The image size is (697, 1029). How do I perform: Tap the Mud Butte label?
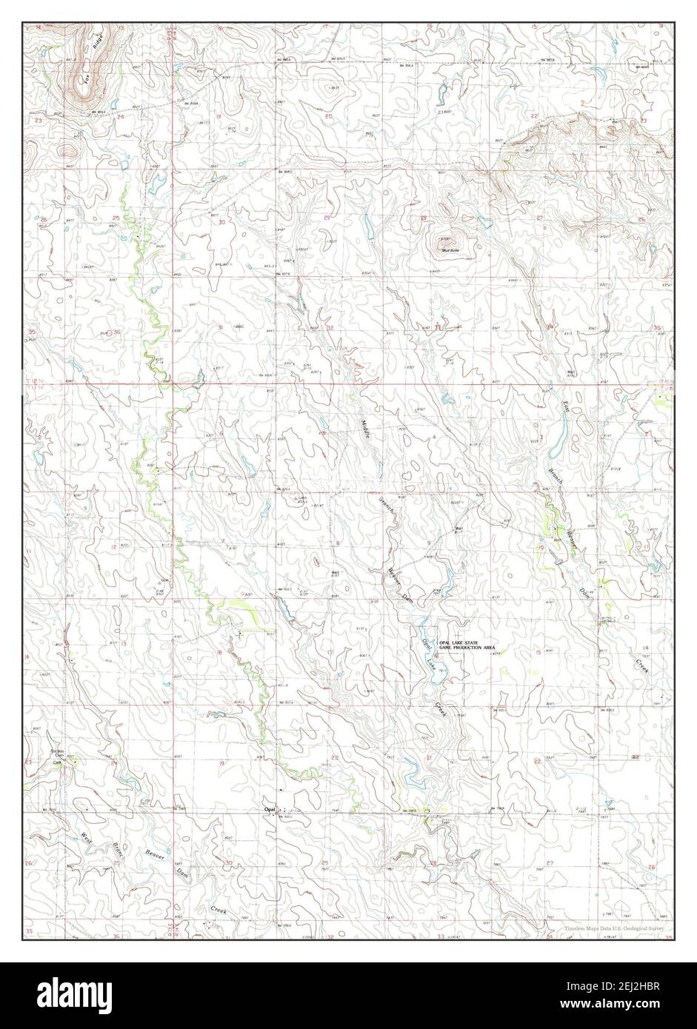450,251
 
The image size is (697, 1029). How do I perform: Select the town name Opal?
270,810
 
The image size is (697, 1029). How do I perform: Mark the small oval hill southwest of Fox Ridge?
68,151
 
